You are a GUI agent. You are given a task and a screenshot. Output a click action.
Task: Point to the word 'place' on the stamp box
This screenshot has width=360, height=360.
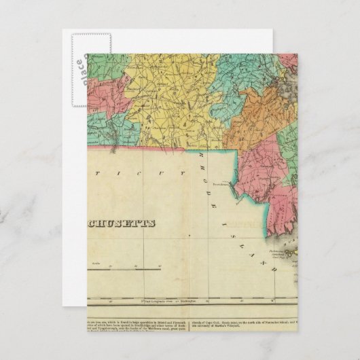pyautogui.click(x=79, y=67)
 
